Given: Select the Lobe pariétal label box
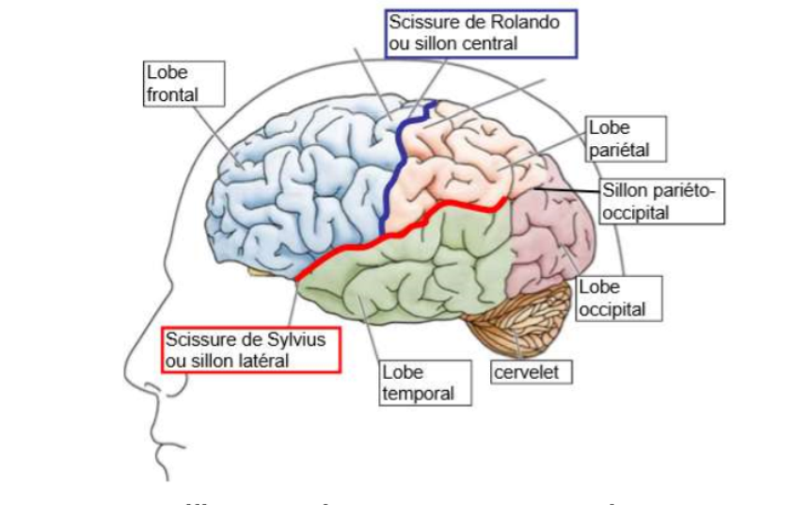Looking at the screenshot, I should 626,138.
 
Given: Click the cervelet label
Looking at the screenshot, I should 532,373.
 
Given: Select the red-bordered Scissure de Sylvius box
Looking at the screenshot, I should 250,350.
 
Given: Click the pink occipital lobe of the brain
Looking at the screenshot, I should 550,236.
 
